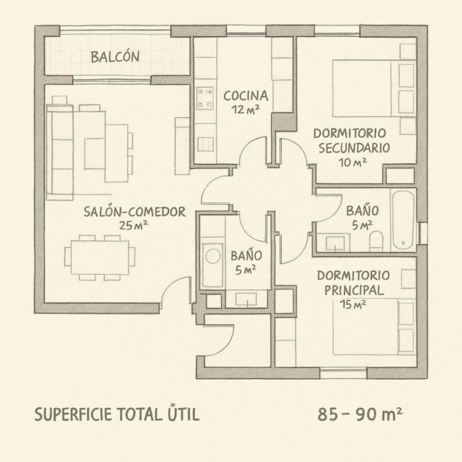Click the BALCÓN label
(115, 57)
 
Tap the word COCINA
(246, 95)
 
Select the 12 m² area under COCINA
(246, 109)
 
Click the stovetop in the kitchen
(205, 98)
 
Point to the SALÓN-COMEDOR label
(135, 212)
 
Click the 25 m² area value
(133, 226)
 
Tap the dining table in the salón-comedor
(100, 258)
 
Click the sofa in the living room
(60, 152)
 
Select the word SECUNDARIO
(354, 148)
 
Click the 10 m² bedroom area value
(353, 162)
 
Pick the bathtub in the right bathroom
(403, 220)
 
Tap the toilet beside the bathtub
(376, 241)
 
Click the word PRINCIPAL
(354, 290)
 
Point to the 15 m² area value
(353, 304)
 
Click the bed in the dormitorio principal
(374, 326)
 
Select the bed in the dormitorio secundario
(374, 89)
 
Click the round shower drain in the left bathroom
(213, 256)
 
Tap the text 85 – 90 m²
(360, 414)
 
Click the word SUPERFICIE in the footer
(73, 414)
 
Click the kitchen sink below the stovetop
(206, 145)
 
